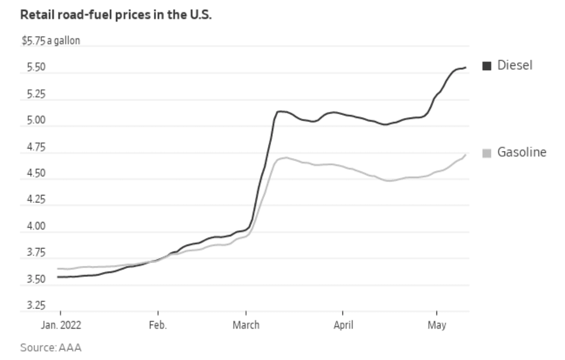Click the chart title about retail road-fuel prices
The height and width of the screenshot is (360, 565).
(x=116, y=15)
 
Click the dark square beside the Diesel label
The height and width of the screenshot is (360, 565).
(x=487, y=66)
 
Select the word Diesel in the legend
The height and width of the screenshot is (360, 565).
(x=515, y=65)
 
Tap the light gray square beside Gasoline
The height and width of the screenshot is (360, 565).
(x=487, y=153)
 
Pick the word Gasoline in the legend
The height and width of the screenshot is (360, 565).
(x=522, y=152)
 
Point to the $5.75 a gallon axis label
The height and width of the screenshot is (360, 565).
(x=50, y=41)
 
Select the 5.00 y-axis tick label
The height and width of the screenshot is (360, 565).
(x=31, y=121)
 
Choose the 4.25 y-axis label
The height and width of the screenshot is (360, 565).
(x=31, y=200)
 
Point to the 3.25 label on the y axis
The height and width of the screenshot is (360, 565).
(x=31, y=306)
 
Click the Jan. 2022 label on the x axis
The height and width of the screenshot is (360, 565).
(x=61, y=325)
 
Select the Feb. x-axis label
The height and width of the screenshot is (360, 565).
(x=158, y=325)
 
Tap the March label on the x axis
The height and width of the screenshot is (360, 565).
(x=246, y=325)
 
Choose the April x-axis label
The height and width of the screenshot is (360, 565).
(x=343, y=325)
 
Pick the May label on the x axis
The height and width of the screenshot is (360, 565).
(x=437, y=325)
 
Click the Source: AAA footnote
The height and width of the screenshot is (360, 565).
(x=50, y=348)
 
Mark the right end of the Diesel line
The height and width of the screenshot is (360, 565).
(x=465, y=68)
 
